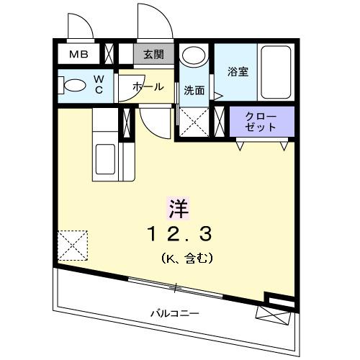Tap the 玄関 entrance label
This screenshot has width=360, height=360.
click(x=153, y=53)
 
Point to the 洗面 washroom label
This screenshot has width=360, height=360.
click(x=194, y=91)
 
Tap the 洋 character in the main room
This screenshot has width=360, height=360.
click(x=179, y=208)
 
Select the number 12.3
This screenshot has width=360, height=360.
click(x=179, y=233)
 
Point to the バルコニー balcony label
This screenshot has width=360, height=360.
click(x=175, y=313)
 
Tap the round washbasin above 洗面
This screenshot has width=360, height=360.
click(x=192, y=55)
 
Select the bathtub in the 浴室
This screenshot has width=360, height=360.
click(x=274, y=71)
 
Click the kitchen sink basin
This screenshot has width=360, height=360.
click(x=105, y=159)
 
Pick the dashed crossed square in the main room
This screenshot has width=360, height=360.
click(x=73, y=245)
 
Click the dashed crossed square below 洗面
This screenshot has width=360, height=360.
click(x=194, y=120)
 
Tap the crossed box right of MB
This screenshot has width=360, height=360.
click(x=109, y=54)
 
